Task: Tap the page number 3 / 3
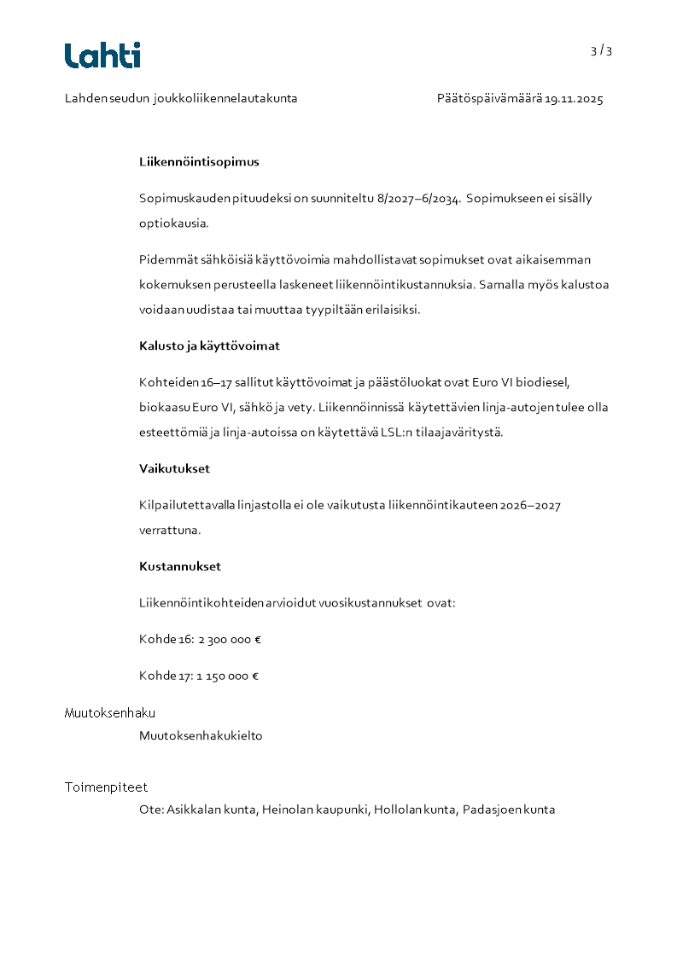pos(601,50)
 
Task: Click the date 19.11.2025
pos(574,99)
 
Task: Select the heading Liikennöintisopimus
pos(199,161)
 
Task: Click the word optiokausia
pos(173,224)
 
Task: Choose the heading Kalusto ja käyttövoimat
pos(209,346)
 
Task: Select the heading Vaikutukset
pos(174,468)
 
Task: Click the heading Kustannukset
pos(180,566)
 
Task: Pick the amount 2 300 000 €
pos(230,639)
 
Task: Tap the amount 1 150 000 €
pos(227,676)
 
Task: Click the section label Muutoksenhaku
pos(110,713)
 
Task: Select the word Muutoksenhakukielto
pos(201,735)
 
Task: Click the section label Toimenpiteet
pos(106,787)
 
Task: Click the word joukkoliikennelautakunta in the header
pos(225,99)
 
